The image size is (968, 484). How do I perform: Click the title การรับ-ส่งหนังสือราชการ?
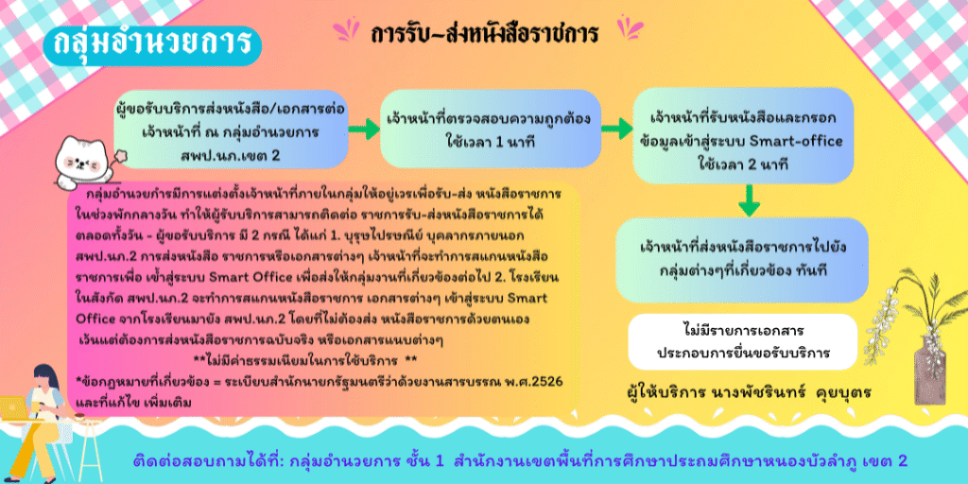click(x=485, y=34)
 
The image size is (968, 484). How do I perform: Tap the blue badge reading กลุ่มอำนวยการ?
click(x=152, y=44)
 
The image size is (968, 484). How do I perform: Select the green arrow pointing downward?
click(x=749, y=200)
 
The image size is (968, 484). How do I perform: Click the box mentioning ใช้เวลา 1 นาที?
click(x=491, y=129)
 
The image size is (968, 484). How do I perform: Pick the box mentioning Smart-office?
click(x=743, y=136)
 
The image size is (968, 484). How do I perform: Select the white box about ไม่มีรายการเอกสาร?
click(x=743, y=341)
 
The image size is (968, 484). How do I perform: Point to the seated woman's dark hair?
click(x=45, y=379)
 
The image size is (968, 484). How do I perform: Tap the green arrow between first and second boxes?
click(x=364, y=129)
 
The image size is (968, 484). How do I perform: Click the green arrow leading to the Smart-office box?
click(x=617, y=129)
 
